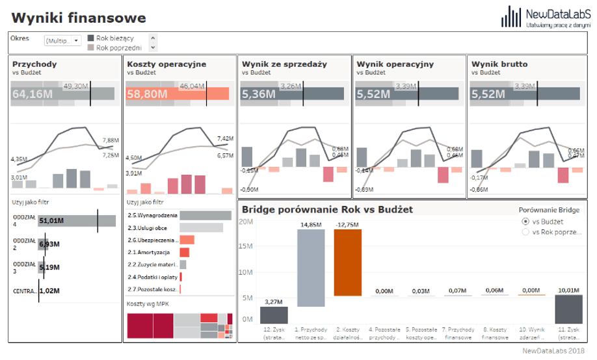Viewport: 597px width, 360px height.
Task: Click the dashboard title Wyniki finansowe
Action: (79, 18)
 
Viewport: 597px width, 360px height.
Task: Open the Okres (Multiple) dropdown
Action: (62, 41)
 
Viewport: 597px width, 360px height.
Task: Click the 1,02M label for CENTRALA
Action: (49, 291)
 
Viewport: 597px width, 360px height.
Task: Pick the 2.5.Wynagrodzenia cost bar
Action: (201, 215)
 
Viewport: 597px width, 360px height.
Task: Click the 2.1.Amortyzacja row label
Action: (149, 252)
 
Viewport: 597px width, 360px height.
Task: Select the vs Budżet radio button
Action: (525, 221)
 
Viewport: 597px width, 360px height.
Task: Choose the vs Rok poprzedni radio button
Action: (525, 232)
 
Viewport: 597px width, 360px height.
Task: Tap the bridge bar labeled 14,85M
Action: (311, 268)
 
